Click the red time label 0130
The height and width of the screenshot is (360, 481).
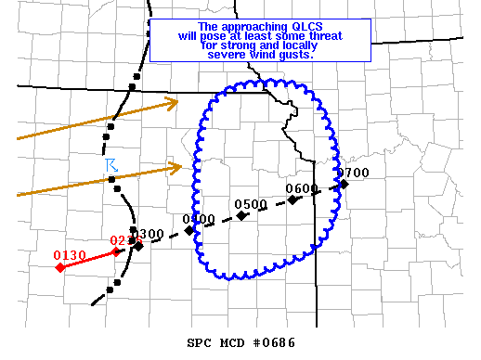[70, 255]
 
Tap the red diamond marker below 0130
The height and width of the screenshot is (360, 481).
[60, 267]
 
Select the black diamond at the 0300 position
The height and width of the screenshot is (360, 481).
[138, 246]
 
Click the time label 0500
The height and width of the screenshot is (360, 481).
[251, 204]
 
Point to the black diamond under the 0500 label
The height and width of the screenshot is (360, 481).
[241, 215]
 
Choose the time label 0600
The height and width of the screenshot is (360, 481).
[302, 188]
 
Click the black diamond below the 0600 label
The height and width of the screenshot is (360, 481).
[292, 199]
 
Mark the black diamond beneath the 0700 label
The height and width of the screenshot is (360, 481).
[344, 184]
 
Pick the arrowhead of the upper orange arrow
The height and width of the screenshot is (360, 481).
[174, 103]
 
